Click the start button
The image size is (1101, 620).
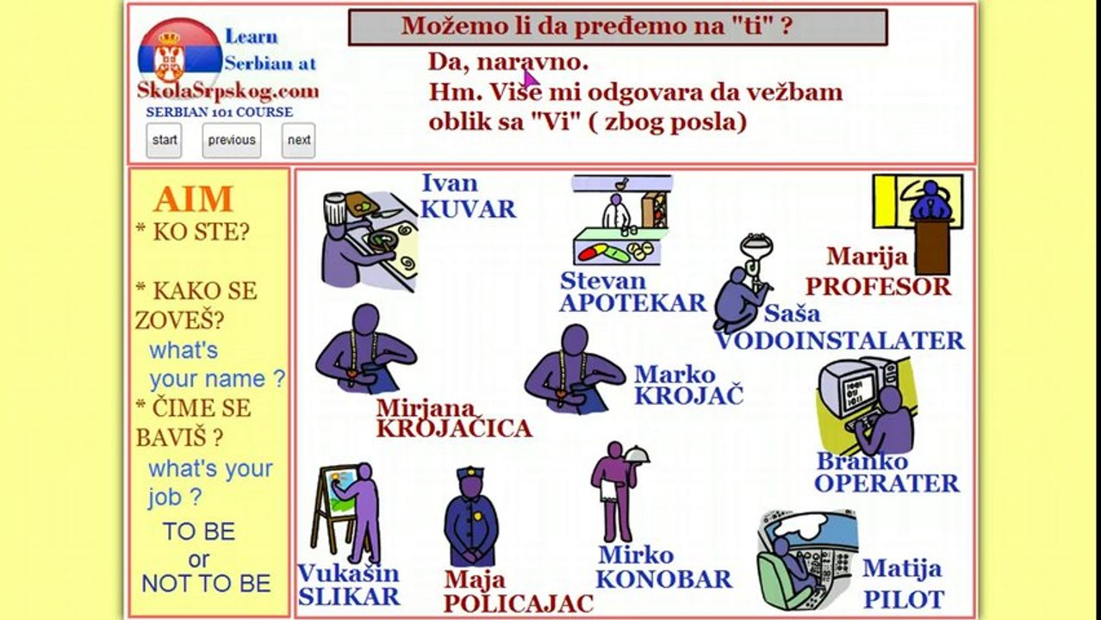pyautogui.click(x=164, y=140)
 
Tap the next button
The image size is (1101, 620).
pyautogui.click(x=299, y=140)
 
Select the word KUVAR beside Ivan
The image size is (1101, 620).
pyautogui.click(x=468, y=209)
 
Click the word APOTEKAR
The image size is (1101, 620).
pyautogui.click(x=632, y=303)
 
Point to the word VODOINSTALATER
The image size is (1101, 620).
pyautogui.click(x=840, y=341)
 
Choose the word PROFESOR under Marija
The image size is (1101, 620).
pyautogui.click(x=877, y=287)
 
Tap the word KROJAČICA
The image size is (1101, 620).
pyautogui.click(x=454, y=428)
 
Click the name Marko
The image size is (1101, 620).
pyautogui.click(x=675, y=375)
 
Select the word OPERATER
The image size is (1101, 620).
pyautogui.click(x=886, y=483)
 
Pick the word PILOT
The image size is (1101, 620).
pyautogui.click(x=904, y=599)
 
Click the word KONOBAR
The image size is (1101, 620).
pyautogui.click(x=663, y=580)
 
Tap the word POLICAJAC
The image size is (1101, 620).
pyautogui.click(x=519, y=604)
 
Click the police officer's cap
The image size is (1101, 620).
pyautogui.click(x=470, y=474)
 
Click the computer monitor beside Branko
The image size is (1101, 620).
pyautogui.click(x=847, y=388)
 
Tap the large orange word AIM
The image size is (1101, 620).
pyautogui.click(x=194, y=200)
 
